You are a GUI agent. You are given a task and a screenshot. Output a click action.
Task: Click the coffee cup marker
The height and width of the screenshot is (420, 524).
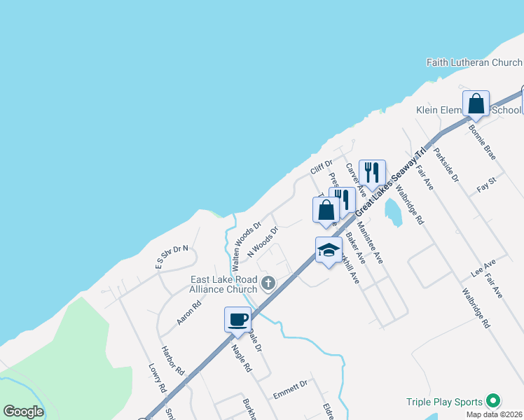pos(237,319)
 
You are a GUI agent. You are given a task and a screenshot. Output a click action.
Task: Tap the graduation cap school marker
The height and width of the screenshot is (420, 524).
pos(329,251)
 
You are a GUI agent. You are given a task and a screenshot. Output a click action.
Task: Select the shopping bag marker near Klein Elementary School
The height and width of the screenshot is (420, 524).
pos(476,104)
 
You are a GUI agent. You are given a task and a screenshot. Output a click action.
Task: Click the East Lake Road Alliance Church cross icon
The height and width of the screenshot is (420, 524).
pos(268,283)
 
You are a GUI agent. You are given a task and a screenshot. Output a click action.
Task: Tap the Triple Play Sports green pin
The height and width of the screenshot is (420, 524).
pos(493,401)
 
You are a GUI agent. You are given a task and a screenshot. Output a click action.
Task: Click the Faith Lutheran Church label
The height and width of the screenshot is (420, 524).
pos(474,63)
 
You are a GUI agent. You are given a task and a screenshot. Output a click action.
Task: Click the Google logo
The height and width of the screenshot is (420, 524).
pos(23,412)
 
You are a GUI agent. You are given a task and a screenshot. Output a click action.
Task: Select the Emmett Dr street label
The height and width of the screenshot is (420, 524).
pos(290,389)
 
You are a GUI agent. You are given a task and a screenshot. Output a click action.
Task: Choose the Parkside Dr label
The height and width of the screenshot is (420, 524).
pos(446,165)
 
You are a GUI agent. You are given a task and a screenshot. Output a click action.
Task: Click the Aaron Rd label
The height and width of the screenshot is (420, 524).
pos(189,312)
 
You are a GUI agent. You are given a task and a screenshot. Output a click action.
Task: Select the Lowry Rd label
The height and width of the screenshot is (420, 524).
pos(157,378)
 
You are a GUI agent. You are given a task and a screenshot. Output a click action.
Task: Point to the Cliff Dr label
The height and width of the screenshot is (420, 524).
pos(321,168)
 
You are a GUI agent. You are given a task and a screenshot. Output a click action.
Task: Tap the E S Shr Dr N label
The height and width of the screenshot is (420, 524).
pos(172,256)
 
